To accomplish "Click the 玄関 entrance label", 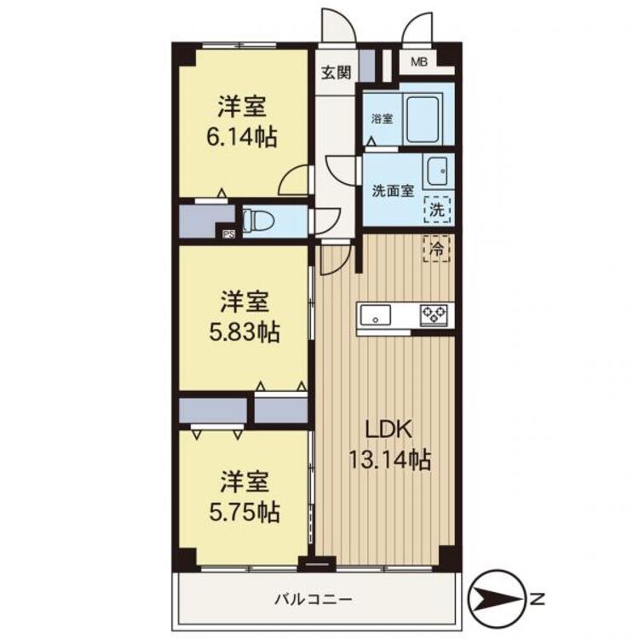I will [x=336, y=73].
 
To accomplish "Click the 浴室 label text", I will [x=382, y=119].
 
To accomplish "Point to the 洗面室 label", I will [x=393, y=191].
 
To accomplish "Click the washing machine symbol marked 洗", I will [x=436, y=207].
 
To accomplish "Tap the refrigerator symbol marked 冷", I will [x=438, y=250].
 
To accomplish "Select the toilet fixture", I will [x=256, y=220].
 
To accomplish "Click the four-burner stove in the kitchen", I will [x=436, y=315].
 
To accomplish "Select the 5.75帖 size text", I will [x=245, y=512].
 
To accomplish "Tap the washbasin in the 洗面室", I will [x=438, y=170].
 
